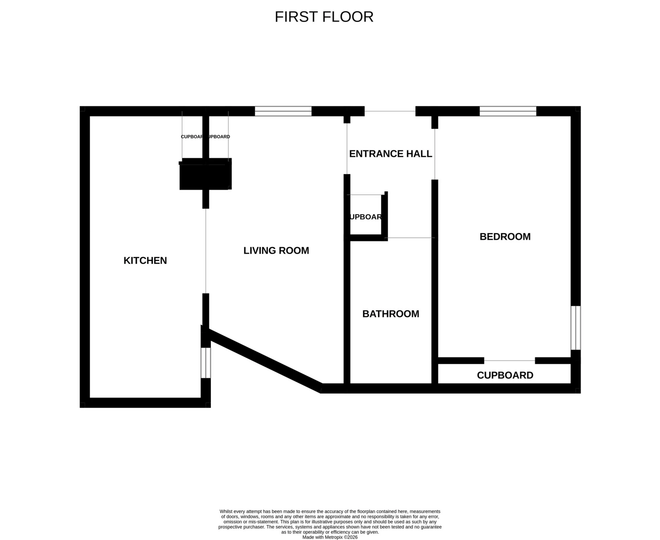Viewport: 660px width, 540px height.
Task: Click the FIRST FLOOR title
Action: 324,17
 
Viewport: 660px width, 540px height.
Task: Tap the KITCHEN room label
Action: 145,261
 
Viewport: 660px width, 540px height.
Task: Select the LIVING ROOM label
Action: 276,250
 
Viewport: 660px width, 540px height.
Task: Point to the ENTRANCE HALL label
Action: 390,154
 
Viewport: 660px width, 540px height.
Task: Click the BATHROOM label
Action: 390,314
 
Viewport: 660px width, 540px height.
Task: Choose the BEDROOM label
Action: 505,236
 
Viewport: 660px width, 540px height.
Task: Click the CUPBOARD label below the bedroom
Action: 505,375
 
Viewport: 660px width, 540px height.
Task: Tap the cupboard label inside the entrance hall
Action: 366,217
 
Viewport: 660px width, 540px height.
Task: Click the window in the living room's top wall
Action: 283,111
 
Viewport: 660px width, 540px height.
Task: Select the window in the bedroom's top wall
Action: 507,111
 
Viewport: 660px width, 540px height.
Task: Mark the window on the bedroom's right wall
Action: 576,328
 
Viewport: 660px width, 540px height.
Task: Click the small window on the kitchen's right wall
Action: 206,363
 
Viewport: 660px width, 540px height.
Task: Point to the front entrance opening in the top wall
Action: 389,111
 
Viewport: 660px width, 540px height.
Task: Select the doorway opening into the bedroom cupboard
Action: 509,361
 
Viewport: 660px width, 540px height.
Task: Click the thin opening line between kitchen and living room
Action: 206,251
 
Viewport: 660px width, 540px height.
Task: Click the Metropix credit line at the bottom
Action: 330,537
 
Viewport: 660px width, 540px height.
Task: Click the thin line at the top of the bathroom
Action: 411,238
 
